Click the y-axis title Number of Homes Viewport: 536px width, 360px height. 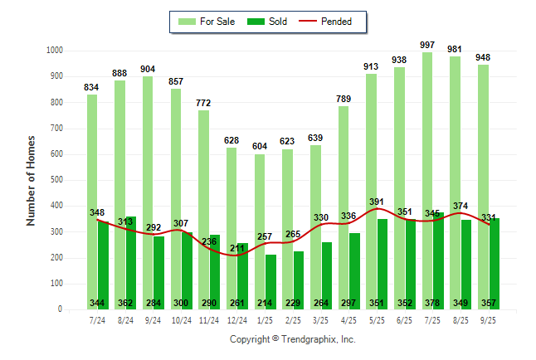coord(31,180)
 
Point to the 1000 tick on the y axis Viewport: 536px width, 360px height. coord(54,51)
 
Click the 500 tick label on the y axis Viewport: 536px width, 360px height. coord(56,180)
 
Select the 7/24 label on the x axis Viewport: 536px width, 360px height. coord(97,319)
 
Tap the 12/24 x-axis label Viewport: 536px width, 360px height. coord(237,319)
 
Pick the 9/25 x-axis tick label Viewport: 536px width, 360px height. coord(489,319)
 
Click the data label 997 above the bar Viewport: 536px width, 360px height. coord(427,44)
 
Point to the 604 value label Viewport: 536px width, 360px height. coord(259,146)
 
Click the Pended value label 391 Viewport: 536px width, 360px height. coord(378,202)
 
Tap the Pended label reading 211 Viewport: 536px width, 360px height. coord(237,248)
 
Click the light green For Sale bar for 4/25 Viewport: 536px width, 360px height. coord(343,207)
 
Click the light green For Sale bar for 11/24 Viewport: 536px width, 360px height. coord(203,207)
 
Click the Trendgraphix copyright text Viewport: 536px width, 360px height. coord(292,340)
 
